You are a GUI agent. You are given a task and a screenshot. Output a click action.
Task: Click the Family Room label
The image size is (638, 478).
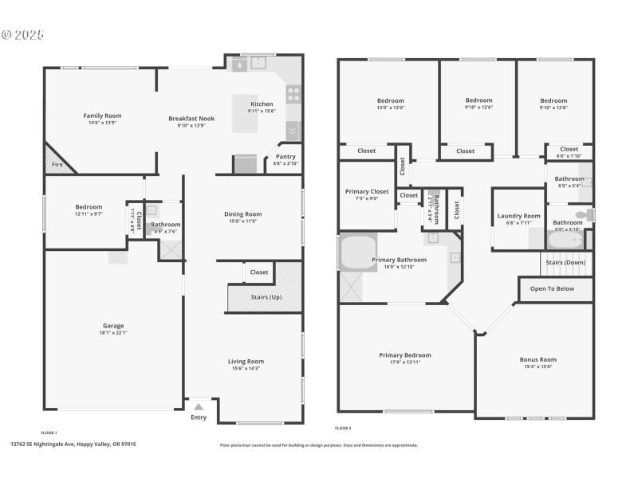pos(102,116)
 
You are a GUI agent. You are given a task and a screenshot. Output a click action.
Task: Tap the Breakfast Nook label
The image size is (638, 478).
pos(191,119)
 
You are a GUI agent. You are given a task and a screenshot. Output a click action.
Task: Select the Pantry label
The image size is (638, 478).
pos(286,157)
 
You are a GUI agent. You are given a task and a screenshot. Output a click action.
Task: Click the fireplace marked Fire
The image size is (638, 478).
pos(57,163)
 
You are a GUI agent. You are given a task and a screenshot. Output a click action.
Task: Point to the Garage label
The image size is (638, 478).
pos(113,326)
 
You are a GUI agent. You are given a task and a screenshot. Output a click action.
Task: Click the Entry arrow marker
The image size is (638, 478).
pos(199,405)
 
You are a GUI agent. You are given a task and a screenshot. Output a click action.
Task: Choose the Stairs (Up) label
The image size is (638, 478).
pos(266,297)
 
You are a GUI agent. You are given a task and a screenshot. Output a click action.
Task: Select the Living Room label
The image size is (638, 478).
pos(246,361)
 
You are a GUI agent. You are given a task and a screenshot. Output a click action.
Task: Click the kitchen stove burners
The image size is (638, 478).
pos(293,96)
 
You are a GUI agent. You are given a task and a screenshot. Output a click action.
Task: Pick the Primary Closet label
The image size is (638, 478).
pos(367,191)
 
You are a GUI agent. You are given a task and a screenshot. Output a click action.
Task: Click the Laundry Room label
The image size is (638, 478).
pos(518,216)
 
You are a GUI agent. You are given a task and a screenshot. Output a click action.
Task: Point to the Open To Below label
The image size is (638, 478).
pos(552,288)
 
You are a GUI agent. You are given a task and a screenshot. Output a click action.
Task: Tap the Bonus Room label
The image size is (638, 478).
pos(538,359)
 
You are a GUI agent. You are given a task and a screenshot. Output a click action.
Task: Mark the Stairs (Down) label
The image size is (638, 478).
pos(565,262)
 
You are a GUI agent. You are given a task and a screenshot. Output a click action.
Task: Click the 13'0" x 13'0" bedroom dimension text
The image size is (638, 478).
pos(390,108)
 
